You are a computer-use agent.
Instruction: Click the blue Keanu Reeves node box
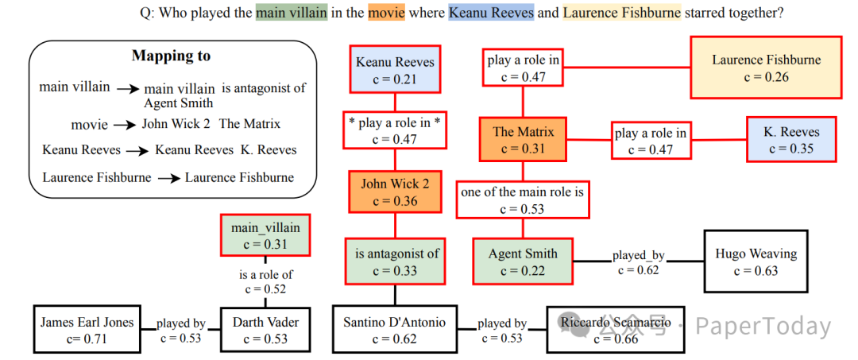coord(395,70)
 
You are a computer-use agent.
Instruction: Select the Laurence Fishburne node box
coord(766,68)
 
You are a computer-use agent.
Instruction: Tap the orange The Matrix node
coord(523,140)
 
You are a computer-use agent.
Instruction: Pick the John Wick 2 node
coord(395,192)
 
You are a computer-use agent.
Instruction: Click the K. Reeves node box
coord(790,140)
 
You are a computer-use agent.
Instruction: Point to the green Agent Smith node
coord(523,262)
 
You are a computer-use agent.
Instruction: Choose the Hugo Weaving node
coord(756,262)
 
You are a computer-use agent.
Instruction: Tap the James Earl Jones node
coord(87,330)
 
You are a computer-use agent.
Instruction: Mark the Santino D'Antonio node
coord(395,330)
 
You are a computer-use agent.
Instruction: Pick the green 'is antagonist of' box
coord(395,262)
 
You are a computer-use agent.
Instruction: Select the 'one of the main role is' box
coord(523,200)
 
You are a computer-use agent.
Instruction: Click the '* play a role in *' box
coord(395,130)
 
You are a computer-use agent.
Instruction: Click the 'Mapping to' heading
coord(171,56)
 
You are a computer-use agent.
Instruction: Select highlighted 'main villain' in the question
coord(291,14)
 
